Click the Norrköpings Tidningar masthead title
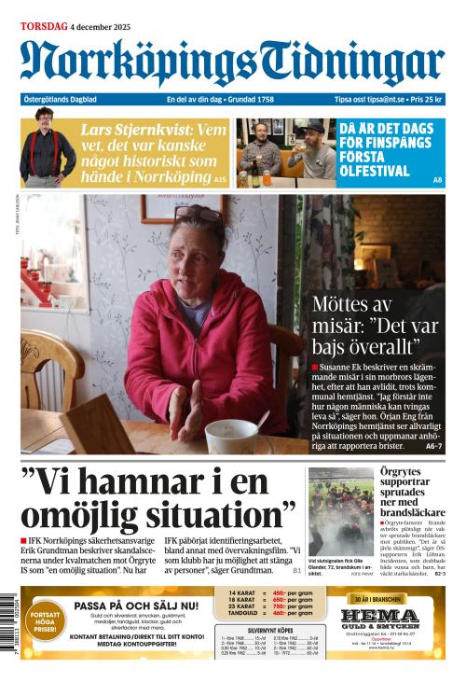(232, 62)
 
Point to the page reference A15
(220, 178)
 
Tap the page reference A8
(438, 179)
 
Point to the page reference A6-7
(434, 447)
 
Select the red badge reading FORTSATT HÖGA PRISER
(44, 622)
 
